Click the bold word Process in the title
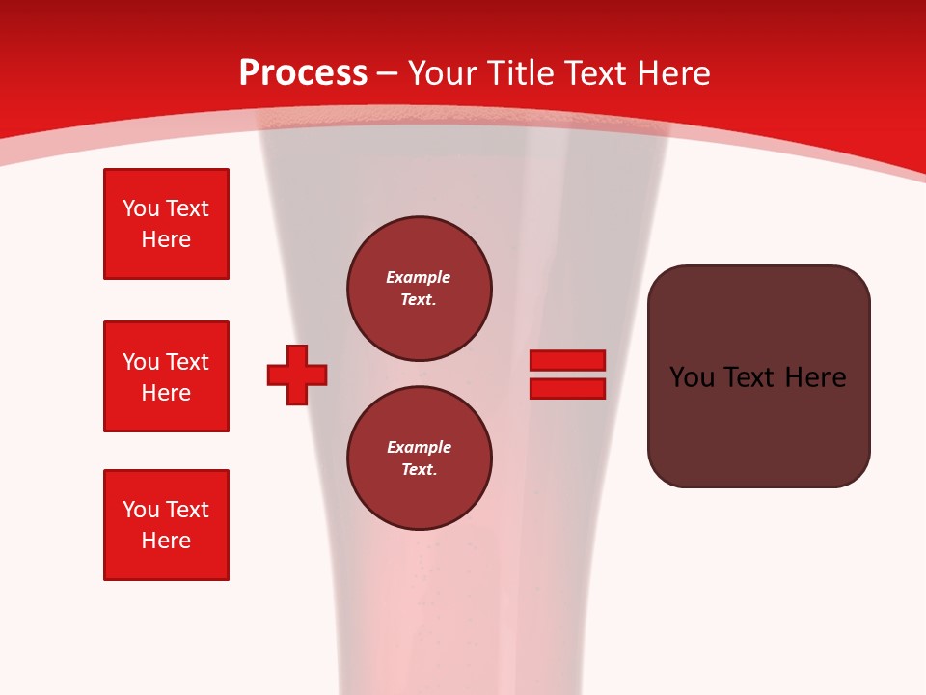(x=303, y=73)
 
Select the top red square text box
(x=166, y=224)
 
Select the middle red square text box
(x=166, y=376)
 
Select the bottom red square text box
(x=166, y=525)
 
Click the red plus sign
(x=297, y=375)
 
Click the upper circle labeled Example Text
(x=419, y=288)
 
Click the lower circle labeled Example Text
(x=419, y=458)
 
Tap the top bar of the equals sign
(x=567, y=360)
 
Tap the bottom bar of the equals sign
(x=567, y=388)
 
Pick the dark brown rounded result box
(x=758, y=425)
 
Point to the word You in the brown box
(x=692, y=377)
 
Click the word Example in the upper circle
(x=419, y=277)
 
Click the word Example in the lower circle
(x=419, y=447)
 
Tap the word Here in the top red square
(x=166, y=239)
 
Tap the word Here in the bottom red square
(x=166, y=541)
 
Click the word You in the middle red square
(x=141, y=362)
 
